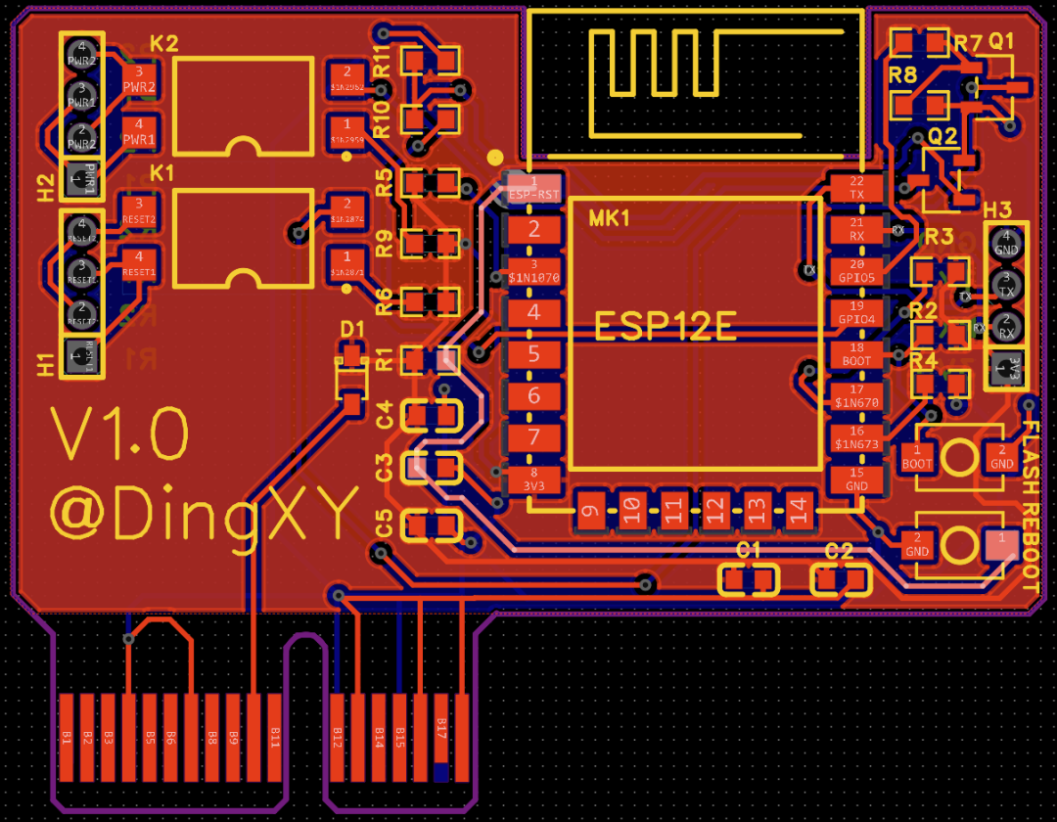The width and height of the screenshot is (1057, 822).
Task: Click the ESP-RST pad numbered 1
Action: coord(533,188)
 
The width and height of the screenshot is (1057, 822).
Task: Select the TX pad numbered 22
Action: coord(856,188)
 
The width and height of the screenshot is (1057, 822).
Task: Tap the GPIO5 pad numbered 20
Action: coord(856,271)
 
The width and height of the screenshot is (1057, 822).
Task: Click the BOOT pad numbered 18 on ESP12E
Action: coord(856,354)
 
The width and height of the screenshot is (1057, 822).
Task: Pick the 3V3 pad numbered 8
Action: coord(533,479)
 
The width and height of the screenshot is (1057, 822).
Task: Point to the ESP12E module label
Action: coord(666,326)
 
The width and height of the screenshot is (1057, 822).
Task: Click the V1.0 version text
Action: coord(119,434)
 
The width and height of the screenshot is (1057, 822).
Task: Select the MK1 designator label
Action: coord(609,218)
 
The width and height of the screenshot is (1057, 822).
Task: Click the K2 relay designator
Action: coord(164,44)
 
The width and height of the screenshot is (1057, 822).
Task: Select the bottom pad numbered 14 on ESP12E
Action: coord(799,509)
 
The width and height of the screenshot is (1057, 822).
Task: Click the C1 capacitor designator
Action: coord(749,551)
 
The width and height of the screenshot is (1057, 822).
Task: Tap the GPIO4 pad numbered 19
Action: coord(856,313)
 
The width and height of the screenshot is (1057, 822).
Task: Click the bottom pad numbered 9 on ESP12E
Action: coord(589,509)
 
